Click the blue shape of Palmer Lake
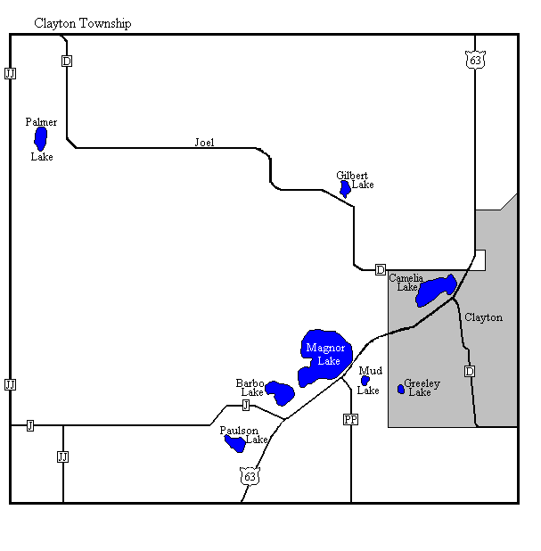(x=40, y=138)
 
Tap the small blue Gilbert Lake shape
(x=345, y=188)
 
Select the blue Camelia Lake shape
(x=436, y=291)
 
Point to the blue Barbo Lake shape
(x=281, y=392)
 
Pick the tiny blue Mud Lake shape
(x=365, y=381)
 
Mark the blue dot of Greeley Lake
(x=401, y=389)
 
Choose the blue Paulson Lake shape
(x=236, y=442)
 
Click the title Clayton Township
(x=82, y=23)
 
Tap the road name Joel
(x=204, y=142)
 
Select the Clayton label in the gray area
(x=483, y=317)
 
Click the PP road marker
(x=350, y=419)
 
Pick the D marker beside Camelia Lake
(x=381, y=269)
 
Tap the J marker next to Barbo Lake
(x=245, y=405)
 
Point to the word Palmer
(x=41, y=122)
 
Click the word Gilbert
(x=352, y=176)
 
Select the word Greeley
(x=422, y=383)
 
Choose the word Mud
(x=370, y=370)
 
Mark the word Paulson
(x=239, y=431)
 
